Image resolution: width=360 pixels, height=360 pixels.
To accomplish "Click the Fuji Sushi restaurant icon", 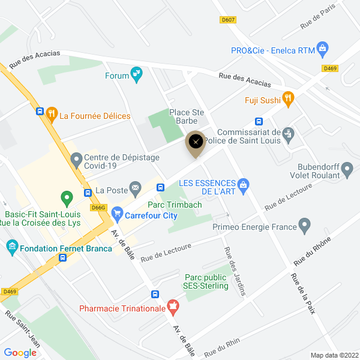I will tap(288, 99).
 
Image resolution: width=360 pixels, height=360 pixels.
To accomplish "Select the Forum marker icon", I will tap(137, 76).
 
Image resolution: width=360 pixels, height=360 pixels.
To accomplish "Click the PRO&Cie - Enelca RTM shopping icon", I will tap(322, 47).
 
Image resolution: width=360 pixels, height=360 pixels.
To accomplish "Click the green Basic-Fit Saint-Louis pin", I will tap(67, 196).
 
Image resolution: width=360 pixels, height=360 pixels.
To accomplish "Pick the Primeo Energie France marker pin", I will tap(305, 226).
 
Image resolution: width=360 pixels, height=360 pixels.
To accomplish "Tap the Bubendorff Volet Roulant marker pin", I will tap(347, 173).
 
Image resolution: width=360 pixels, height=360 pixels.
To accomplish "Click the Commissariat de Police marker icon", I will tap(289, 133).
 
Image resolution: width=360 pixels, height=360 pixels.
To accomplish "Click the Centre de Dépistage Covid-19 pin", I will tap(76, 160).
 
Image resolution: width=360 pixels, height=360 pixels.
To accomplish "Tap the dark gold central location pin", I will tap(196, 143).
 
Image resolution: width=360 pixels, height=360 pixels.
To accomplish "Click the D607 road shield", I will tap(228, 20).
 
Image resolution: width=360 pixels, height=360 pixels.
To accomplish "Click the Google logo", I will tap(20, 352).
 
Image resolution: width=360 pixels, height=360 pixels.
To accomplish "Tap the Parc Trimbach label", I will tap(179, 205).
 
